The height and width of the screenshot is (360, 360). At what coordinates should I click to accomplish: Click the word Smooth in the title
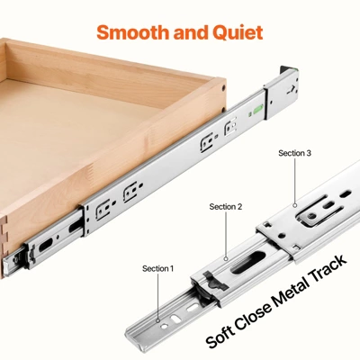pyautogui.click(x=132, y=33)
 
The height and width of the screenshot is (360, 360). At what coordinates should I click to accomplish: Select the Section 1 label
pyautogui.click(x=158, y=268)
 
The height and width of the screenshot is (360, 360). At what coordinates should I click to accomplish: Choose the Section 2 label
pyautogui.click(x=226, y=207)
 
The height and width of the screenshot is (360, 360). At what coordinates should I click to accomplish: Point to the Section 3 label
pyautogui.click(x=294, y=154)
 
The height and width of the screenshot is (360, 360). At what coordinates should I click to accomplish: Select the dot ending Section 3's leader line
pyautogui.click(x=294, y=205)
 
